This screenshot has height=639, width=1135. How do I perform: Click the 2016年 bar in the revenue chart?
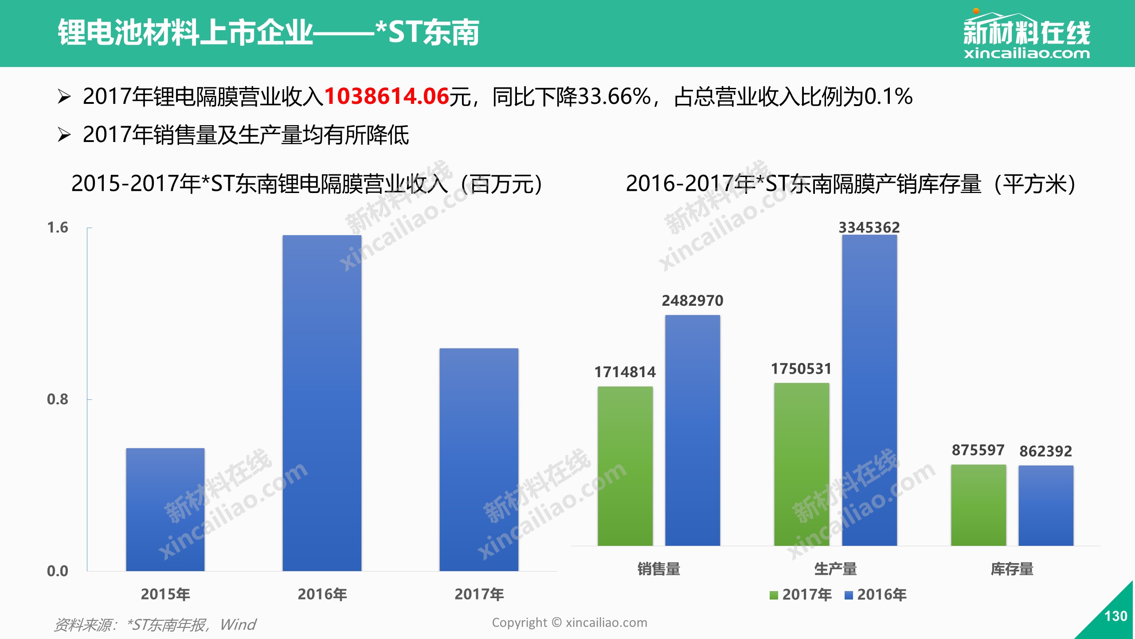pyautogui.click(x=322, y=403)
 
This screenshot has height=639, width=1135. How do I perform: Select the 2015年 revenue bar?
pyautogui.click(x=165, y=509)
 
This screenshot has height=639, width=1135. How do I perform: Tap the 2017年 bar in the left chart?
pyautogui.click(x=479, y=460)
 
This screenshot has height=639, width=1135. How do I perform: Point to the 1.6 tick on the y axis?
pyautogui.click(x=58, y=228)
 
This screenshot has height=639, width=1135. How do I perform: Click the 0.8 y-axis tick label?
pyautogui.click(x=58, y=399)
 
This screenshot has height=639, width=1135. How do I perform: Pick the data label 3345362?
pyautogui.click(x=869, y=228)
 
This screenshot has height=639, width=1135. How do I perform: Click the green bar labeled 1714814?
pyautogui.click(x=625, y=466)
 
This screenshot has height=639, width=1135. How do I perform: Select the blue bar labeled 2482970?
pyautogui.click(x=693, y=430)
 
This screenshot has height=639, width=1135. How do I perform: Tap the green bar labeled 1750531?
pyautogui.click(x=802, y=464)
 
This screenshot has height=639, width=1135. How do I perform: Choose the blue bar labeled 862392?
pyautogui.click(x=1046, y=505)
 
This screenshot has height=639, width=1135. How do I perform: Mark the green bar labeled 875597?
pyautogui.click(x=978, y=505)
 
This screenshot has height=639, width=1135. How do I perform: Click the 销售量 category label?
pyautogui.click(x=659, y=569)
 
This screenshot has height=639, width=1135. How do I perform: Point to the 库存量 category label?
pyautogui.click(x=1012, y=569)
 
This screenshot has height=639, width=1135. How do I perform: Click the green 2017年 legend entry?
pyautogui.click(x=801, y=595)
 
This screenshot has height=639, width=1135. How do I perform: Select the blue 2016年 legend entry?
pyautogui.click(x=876, y=595)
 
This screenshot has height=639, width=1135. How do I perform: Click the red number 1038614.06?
pyautogui.click(x=387, y=96)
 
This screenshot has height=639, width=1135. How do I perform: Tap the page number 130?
pyautogui.click(x=1115, y=616)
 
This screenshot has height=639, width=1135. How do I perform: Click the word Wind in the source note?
pyautogui.click(x=238, y=625)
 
